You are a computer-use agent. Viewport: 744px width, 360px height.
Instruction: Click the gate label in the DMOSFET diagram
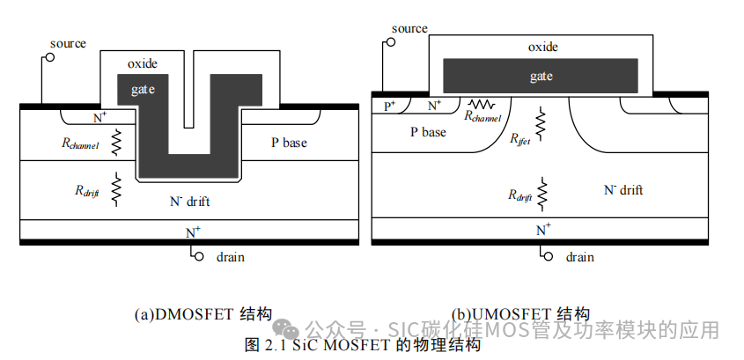pos(143,90)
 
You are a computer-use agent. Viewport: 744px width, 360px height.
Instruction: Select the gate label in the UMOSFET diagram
pos(541,77)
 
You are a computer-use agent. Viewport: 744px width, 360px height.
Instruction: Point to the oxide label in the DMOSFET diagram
pos(143,64)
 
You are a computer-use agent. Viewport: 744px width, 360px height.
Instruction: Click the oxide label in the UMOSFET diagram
pos(542,47)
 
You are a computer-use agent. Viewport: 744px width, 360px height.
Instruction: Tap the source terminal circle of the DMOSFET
pos(48,58)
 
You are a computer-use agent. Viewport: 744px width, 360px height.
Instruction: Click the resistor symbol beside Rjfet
pos(541,125)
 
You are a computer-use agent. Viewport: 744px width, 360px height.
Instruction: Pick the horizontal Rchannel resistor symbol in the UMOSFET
pos(480,104)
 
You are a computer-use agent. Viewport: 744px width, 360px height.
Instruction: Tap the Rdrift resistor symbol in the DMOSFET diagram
pos(116,191)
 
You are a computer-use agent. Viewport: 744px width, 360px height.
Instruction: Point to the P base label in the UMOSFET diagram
pos(428,132)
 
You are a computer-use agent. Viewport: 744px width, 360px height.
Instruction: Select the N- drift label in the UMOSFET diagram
pos(622,190)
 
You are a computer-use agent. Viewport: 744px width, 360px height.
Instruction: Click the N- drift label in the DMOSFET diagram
pos(189,202)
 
